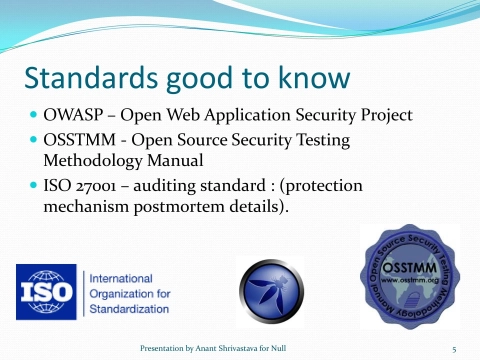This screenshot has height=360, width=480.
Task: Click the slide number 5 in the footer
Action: (454, 348)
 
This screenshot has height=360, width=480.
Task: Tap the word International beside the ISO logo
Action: (122, 278)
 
